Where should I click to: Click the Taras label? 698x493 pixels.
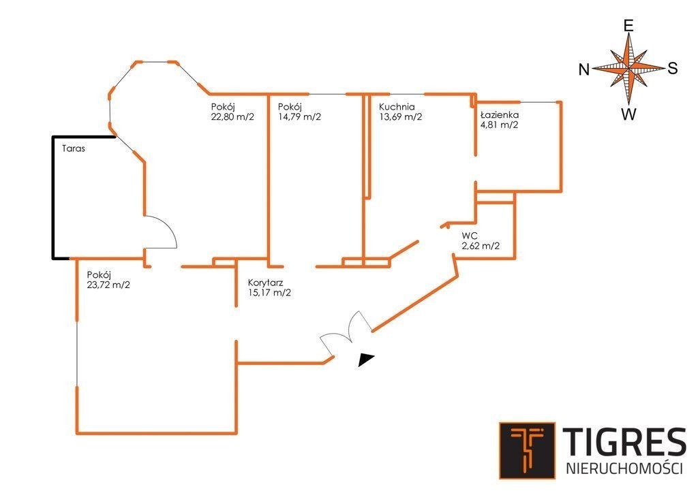(x=74, y=148)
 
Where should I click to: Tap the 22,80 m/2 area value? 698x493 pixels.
(x=232, y=117)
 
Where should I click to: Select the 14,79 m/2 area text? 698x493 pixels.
(x=299, y=117)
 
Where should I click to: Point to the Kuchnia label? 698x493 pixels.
(x=397, y=107)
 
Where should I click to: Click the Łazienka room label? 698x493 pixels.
(x=500, y=114)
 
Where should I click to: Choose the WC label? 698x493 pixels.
(x=470, y=236)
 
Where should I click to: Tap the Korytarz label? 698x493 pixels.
(x=266, y=283)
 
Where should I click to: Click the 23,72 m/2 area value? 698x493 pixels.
(x=108, y=285)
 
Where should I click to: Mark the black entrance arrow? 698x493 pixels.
(x=366, y=360)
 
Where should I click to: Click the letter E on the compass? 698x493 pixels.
(x=628, y=26)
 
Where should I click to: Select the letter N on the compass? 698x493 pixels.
(x=584, y=69)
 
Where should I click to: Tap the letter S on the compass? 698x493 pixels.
(x=672, y=69)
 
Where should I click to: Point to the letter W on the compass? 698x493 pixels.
(x=628, y=114)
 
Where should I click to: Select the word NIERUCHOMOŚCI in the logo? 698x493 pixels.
(x=624, y=468)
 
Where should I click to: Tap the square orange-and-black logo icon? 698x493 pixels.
(x=527, y=451)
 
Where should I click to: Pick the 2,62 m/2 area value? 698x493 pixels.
(x=481, y=246)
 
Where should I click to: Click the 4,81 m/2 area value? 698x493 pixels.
(x=499, y=125)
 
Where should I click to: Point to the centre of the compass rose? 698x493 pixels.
(x=628, y=69)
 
